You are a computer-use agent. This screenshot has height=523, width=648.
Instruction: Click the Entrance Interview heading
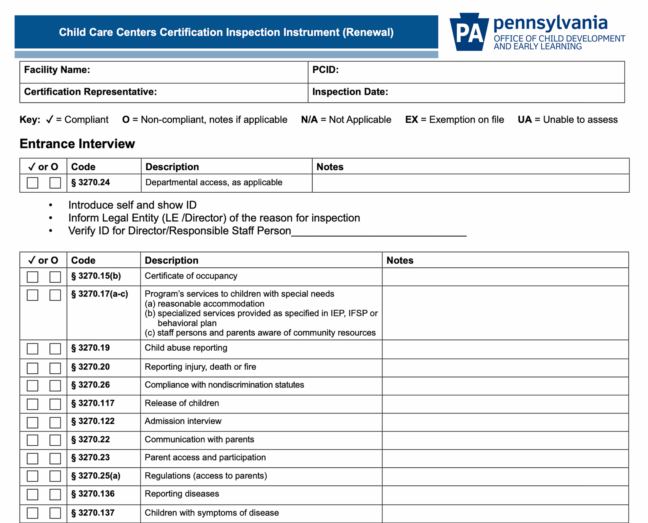tap(77, 144)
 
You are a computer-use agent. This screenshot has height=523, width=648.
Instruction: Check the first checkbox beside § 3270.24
tap(33, 183)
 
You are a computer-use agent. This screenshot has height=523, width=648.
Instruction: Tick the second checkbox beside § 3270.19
tap(55, 349)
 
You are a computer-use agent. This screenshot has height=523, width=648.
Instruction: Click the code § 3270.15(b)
tap(96, 276)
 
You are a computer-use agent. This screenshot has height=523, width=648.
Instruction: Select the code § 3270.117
tap(93, 403)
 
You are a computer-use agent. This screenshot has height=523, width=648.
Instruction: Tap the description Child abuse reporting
tap(186, 348)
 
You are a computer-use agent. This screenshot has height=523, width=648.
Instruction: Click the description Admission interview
tap(183, 421)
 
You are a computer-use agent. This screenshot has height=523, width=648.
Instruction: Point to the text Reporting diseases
tap(181, 494)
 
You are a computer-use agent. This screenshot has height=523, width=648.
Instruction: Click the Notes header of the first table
tap(330, 167)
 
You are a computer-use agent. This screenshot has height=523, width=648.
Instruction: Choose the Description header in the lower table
tap(171, 260)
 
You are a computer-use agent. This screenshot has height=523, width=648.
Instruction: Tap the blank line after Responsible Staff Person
tap(379, 232)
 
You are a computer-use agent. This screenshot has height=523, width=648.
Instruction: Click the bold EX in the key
tap(411, 120)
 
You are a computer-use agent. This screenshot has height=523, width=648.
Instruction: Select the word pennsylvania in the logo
tap(550, 24)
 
